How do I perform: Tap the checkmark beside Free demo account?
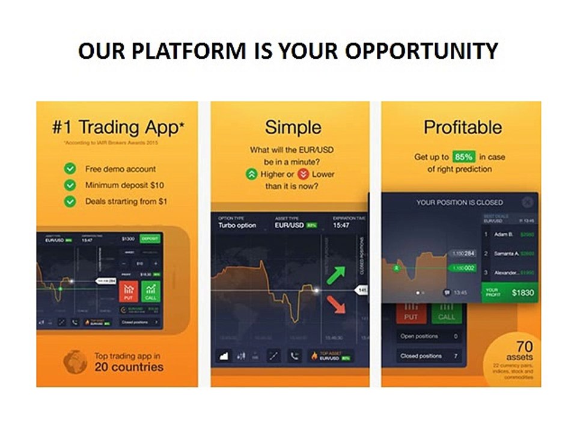click(x=70, y=169)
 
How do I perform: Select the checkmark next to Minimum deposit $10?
click(x=70, y=185)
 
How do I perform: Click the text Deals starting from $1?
click(x=126, y=201)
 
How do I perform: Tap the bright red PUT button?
click(x=128, y=290)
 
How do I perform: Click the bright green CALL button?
click(x=150, y=290)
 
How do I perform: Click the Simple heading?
click(x=293, y=127)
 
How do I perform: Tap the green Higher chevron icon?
click(x=251, y=174)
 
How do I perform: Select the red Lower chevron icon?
click(x=304, y=174)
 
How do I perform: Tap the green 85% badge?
click(x=463, y=156)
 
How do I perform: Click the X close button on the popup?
click(x=527, y=202)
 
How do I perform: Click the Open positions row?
click(x=428, y=336)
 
